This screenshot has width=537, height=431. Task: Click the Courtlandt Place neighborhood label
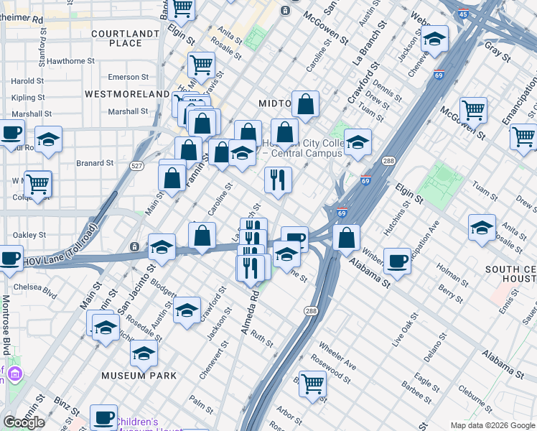[126, 38]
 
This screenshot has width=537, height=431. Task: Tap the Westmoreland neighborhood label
[127, 94]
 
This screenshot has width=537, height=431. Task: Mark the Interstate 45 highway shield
[463, 14]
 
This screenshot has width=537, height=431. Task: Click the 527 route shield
[137, 166]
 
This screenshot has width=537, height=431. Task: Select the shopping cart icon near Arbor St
[313, 384]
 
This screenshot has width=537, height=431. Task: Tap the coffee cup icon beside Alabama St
[397, 261]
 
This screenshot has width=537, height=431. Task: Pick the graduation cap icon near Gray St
[434, 40]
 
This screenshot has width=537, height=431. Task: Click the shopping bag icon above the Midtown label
[306, 105]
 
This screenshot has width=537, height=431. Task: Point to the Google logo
[24, 422]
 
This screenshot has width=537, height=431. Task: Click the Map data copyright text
[492, 425]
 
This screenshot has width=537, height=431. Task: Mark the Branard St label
[95, 163]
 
